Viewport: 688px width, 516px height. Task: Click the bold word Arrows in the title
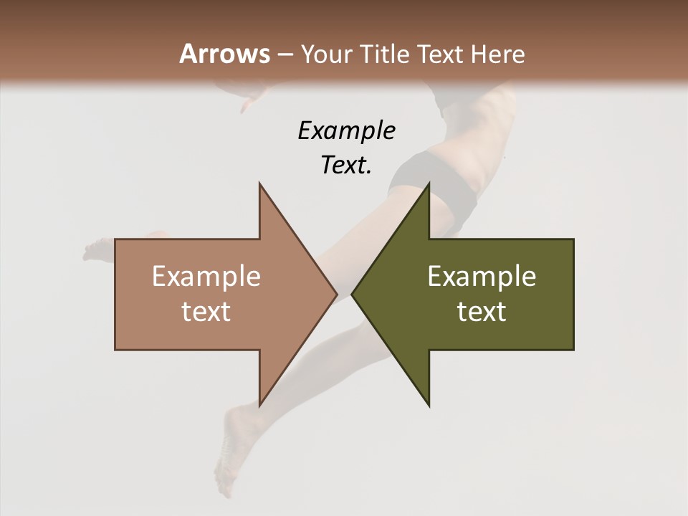pos(224,54)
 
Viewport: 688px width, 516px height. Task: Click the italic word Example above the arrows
pos(346,130)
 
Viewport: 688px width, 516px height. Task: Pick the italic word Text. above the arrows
pos(346,166)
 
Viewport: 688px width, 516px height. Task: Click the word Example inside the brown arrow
pos(206,276)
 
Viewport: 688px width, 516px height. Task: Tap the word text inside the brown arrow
pos(206,312)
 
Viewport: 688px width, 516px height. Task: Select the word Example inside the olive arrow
pos(482,276)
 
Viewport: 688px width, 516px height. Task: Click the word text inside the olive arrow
pos(482,312)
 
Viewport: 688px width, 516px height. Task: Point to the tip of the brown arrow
pos(336,295)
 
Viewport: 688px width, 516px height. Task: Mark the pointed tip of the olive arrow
pos(353,295)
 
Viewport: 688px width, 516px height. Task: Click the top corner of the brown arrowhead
pos(259,184)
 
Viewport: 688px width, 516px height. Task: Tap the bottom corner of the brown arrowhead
pos(259,405)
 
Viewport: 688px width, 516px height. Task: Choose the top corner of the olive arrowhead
pos(429,184)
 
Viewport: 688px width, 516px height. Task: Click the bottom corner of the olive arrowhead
pos(429,405)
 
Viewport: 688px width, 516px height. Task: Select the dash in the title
pos(285,55)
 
